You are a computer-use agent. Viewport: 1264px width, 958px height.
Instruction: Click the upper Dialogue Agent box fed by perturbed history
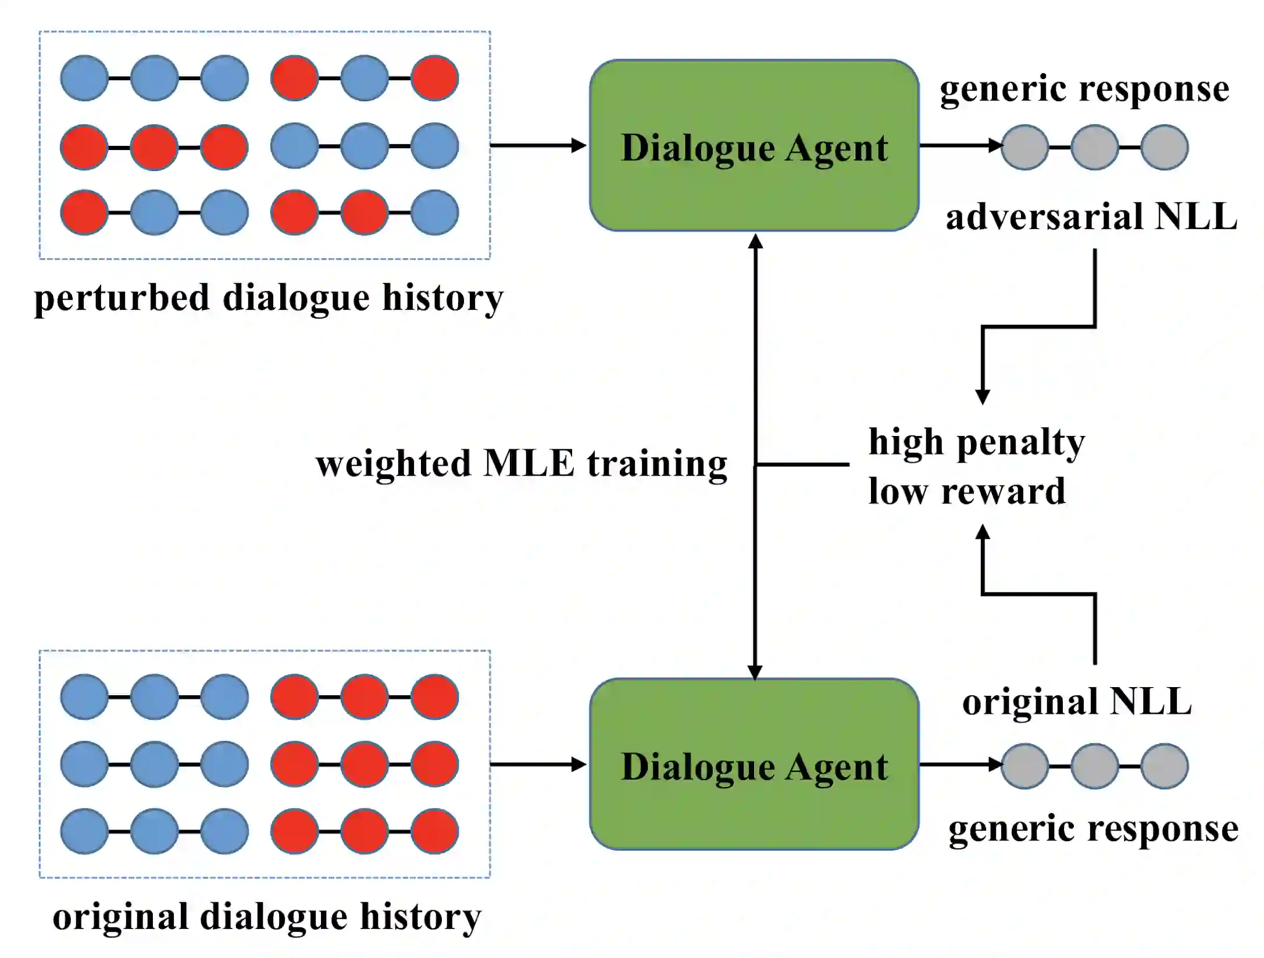click(x=754, y=145)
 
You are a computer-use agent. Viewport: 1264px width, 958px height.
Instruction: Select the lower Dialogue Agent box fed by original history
click(x=754, y=764)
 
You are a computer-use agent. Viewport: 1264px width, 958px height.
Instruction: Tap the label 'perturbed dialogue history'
click(x=269, y=298)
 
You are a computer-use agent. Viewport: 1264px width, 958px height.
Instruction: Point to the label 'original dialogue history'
click(x=267, y=917)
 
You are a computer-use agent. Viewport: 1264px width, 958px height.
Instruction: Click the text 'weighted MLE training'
click(x=521, y=464)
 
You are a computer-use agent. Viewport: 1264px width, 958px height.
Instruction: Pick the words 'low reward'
click(x=967, y=491)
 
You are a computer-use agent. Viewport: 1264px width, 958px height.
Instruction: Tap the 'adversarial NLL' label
click(x=1091, y=217)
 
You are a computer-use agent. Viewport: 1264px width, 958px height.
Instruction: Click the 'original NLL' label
click(x=1077, y=702)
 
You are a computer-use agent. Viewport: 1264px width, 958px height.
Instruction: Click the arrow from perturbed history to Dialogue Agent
click(x=538, y=145)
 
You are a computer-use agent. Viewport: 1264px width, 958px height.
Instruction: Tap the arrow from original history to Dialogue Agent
click(x=538, y=764)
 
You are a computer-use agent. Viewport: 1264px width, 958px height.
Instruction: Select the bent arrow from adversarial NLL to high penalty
click(x=1038, y=327)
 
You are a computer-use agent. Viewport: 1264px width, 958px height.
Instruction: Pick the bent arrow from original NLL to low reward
click(x=1038, y=594)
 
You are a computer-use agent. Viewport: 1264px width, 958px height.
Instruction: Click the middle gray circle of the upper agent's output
click(x=1094, y=148)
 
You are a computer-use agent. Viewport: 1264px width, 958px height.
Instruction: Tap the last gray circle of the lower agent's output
click(x=1164, y=766)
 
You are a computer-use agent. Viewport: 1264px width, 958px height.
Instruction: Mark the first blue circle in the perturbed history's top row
click(x=84, y=78)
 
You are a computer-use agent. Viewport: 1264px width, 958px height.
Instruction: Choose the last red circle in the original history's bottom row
click(x=434, y=831)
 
